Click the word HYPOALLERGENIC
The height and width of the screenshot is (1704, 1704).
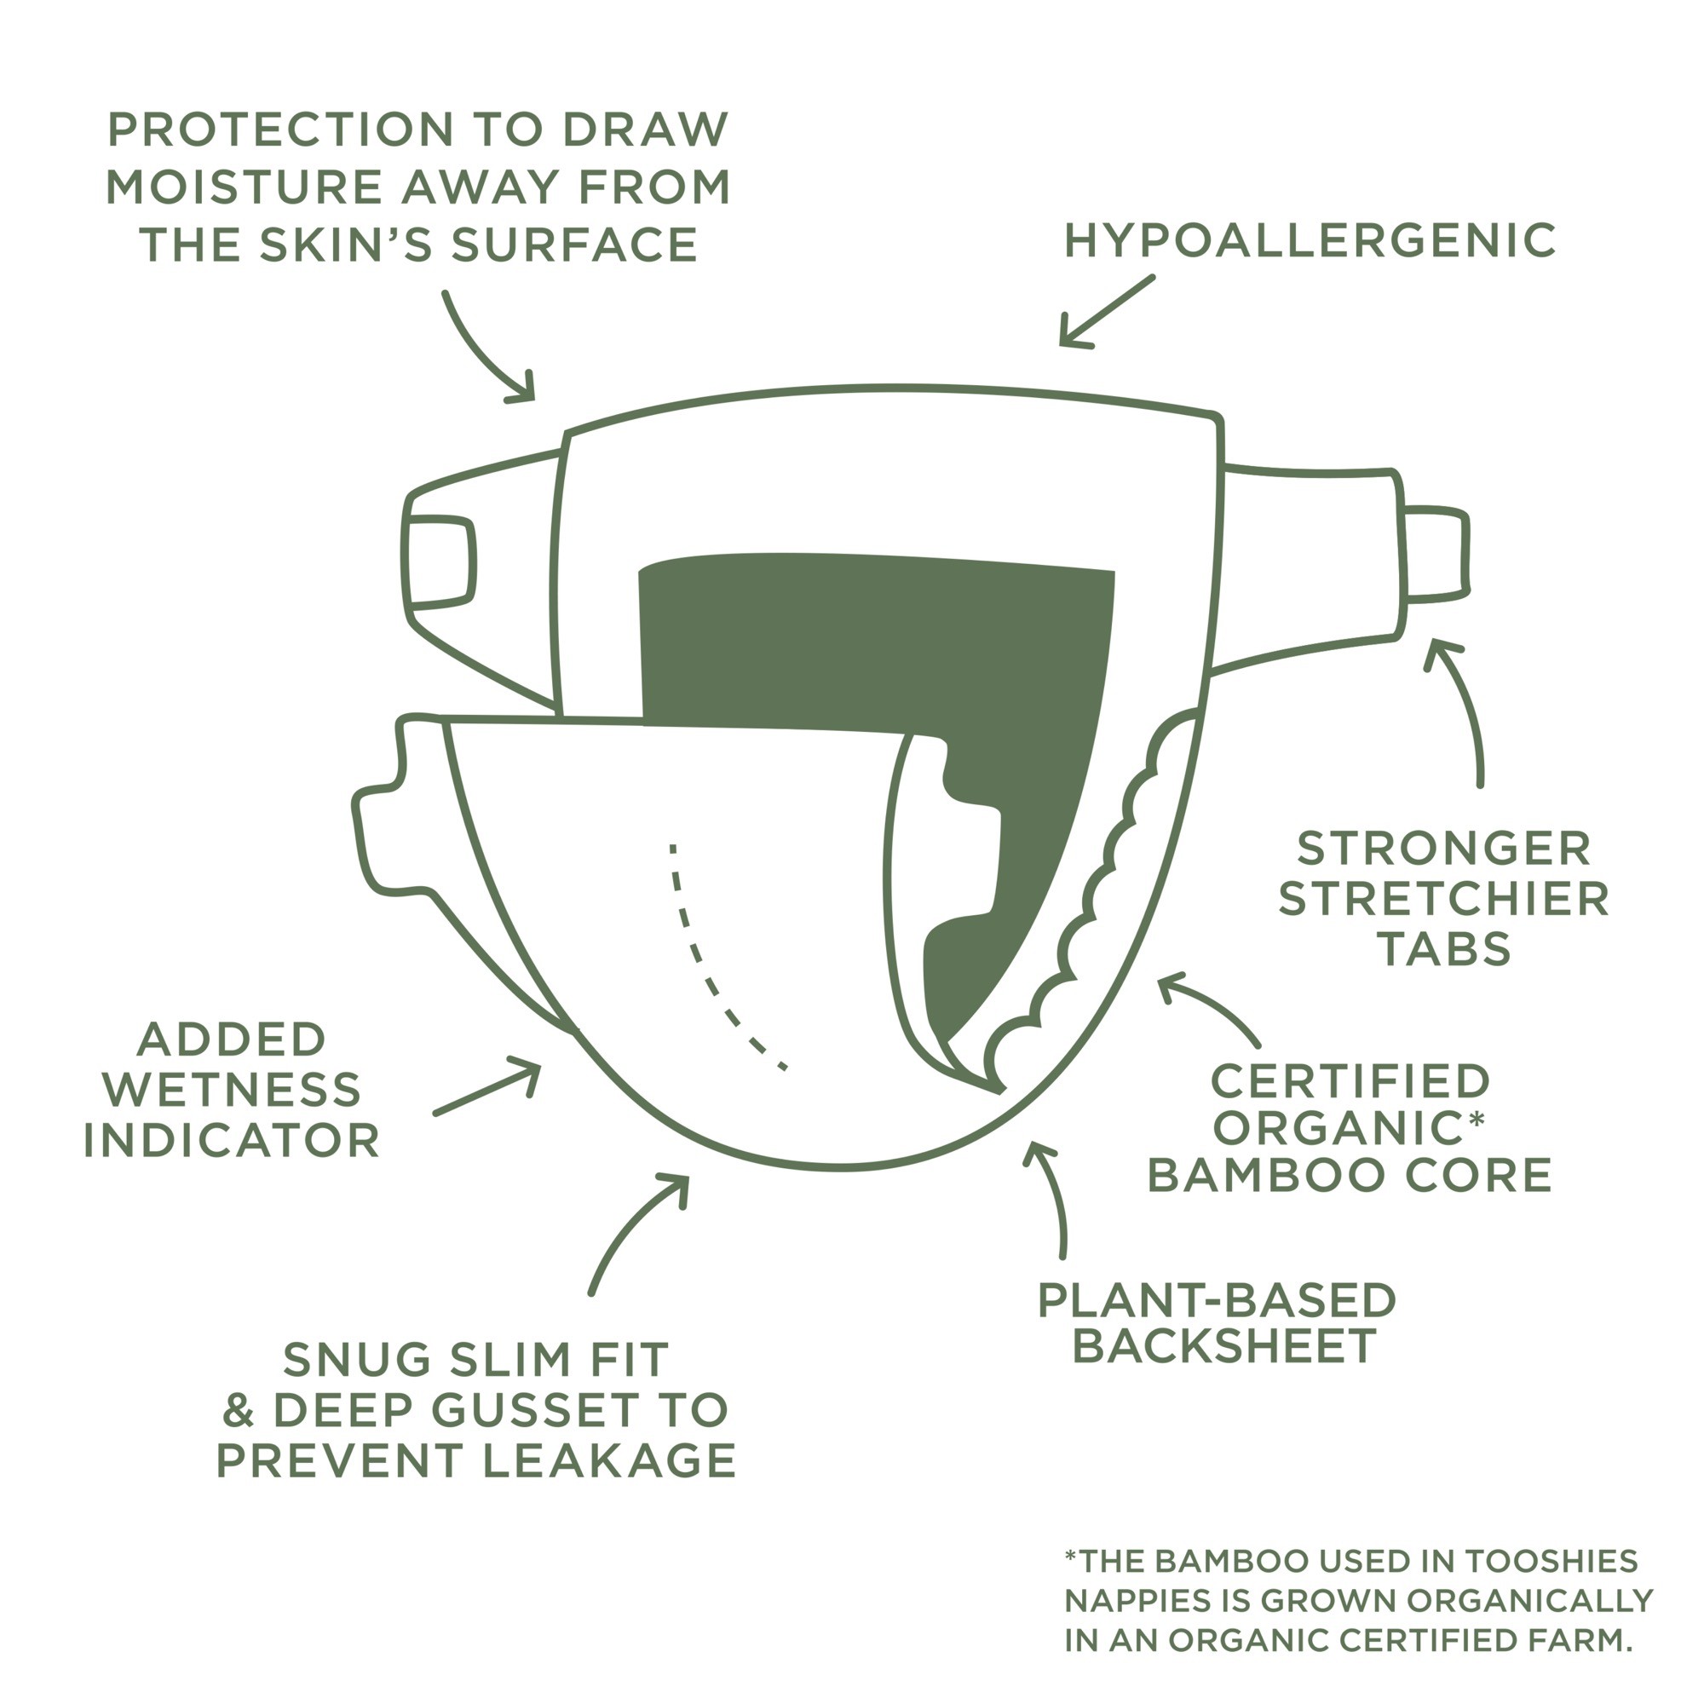click(x=1310, y=241)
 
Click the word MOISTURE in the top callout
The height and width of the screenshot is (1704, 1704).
click(x=242, y=187)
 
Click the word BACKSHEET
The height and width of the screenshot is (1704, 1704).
click(x=1224, y=1346)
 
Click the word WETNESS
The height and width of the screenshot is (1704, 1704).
click(x=232, y=1091)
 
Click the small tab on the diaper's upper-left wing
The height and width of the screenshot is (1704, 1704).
click(x=440, y=562)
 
